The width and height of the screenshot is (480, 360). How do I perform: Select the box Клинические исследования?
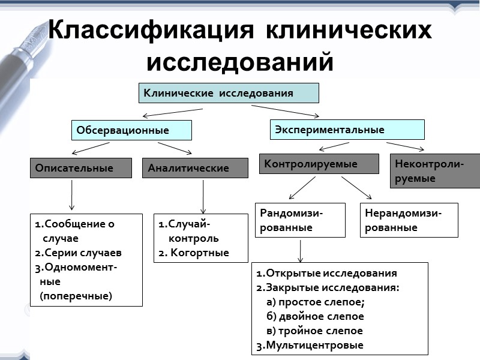coord(229,93)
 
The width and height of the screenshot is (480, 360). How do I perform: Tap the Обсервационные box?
coord(131,130)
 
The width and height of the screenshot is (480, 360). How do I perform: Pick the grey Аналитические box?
coord(195,168)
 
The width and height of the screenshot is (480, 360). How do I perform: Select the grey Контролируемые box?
coord(319,164)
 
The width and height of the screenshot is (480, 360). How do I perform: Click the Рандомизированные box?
coord(300,220)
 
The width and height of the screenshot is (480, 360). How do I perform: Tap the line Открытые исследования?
coord(327,274)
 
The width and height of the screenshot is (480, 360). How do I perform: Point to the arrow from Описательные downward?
coord(72,195)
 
